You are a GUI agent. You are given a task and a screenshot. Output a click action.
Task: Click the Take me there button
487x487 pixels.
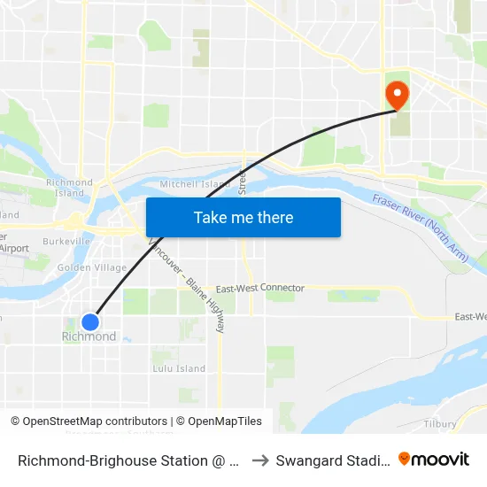(x=243, y=217)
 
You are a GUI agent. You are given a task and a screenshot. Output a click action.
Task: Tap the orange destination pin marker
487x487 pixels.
(x=395, y=95)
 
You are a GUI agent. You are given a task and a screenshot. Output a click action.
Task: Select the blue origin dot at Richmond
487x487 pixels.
(x=89, y=322)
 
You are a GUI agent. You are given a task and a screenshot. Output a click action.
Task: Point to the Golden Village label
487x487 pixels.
(x=91, y=267)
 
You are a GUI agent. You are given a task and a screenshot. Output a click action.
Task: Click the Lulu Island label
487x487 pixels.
(x=179, y=368)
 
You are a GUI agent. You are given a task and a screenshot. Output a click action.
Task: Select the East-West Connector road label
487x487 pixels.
(x=259, y=289)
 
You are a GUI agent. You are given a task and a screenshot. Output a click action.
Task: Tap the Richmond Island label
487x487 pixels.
(x=69, y=188)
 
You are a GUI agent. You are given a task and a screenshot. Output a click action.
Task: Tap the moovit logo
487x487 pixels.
(x=434, y=460)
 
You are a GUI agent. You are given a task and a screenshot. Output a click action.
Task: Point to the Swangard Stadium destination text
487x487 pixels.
(x=331, y=460)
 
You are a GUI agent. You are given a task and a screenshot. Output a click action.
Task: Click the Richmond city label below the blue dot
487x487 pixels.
(x=89, y=337)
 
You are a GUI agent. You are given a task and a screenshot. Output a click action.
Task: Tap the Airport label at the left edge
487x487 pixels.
(x=14, y=249)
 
